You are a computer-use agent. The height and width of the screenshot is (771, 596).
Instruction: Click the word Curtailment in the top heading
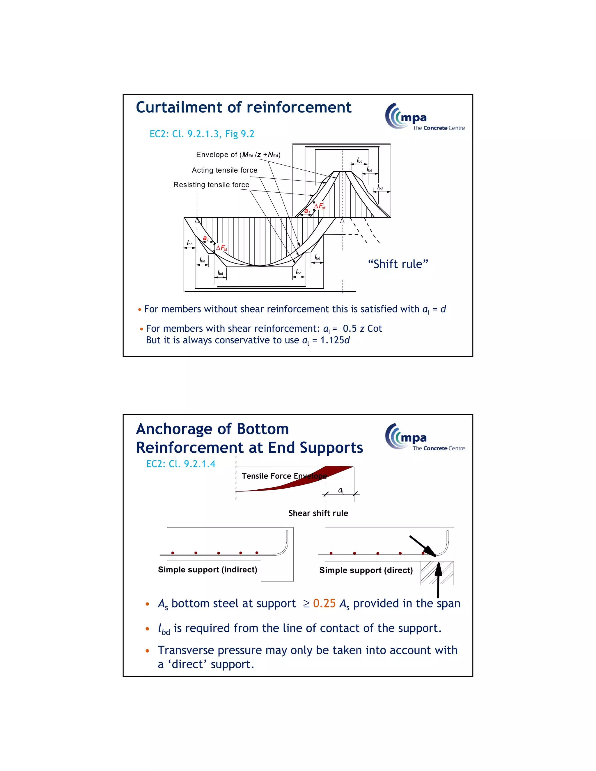click(180, 107)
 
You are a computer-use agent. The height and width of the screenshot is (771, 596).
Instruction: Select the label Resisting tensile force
click(211, 185)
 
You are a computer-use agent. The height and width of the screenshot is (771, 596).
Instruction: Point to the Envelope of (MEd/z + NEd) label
click(238, 154)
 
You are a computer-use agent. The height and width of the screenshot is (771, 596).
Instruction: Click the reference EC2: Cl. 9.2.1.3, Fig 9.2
click(202, 134)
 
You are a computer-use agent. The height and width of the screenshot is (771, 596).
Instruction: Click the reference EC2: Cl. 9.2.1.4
click(180, 463)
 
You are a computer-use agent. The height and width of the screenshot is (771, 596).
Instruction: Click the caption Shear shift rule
click(318, 513)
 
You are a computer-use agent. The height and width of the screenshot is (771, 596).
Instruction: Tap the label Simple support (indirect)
click(207, 569)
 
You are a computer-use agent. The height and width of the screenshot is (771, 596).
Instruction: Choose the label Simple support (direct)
click(366, 570)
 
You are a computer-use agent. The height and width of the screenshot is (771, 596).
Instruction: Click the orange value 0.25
click(324, 603)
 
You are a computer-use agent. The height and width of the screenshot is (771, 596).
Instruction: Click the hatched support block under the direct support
click(428, 573)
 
